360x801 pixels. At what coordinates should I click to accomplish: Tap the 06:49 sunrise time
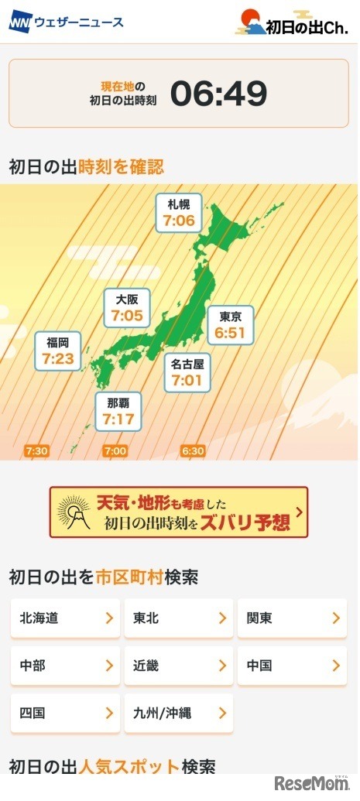pyautogui.click(x=218, y=94)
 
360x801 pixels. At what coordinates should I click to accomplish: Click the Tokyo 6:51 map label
pyautogui.click(x=230, y=324)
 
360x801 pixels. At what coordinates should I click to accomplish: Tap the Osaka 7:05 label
pyautogui.click(x=126, y=307)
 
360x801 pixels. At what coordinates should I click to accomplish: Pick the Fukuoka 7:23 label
pyautogui.click(x=57, y=351)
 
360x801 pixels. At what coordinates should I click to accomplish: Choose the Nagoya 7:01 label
pyautogui.click(x=187, y=372)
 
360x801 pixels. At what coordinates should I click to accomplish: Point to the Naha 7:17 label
pyautogui.click(x=118, y=411)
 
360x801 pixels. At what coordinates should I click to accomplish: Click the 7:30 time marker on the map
pyautogui.click(x=36, y=450)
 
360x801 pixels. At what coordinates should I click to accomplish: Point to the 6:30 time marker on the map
pyautogui.click(x=193, y=450)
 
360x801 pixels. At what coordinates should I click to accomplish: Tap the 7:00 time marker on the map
pyautogui.click(x=115, y=450)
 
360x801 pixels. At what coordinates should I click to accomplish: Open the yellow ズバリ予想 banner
pyautogui.click(x=179, y=512)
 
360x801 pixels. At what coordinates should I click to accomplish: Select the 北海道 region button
pyautogui.click(x=65, y=618)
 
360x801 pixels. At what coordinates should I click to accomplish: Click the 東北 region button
pyautogui.click(x=178, y=618)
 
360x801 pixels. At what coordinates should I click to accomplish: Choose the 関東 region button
pyautogui.click(x=292, y=618)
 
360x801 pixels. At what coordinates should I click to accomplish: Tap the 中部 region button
pyautogui.click(x=65, y=666)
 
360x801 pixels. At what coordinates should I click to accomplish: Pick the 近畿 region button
pyautogui.click(x=178, y=666)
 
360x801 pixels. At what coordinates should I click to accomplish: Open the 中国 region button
pyautogui.click(x=292, y=666)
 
